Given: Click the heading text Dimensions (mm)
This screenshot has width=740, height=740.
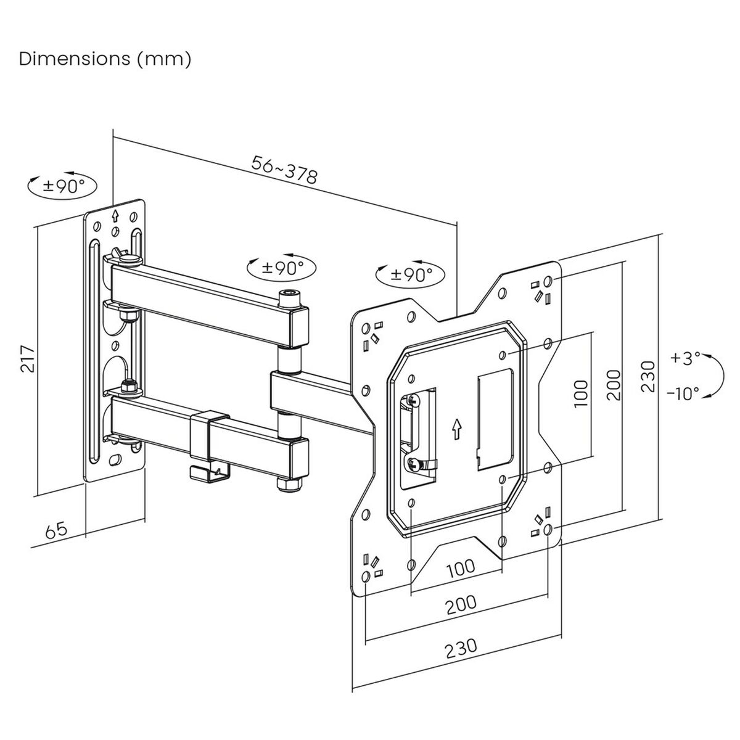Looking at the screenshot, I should click(105, 59).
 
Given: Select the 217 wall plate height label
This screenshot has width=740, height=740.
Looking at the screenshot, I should click(28, 358).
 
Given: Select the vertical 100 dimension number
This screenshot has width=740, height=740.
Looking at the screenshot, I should click(581, 392).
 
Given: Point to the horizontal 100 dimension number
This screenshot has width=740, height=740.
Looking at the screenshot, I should click(461, 568).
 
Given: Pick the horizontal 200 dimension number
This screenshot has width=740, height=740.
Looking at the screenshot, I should click(461, 604).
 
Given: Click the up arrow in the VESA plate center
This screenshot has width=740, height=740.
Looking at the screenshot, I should click(456, 428).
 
